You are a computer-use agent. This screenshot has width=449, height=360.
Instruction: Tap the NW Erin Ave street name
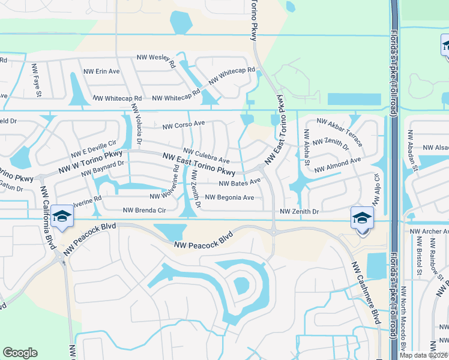pyautogui.click(x=101, y=71)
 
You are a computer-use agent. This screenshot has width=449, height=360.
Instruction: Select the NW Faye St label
pyautogui.click(x=37, y=80)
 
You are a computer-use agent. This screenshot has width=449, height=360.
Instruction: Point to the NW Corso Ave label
pyautogui.click(x=184, y=125)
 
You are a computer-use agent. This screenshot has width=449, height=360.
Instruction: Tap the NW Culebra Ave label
pyautogui.click(x=206, y=156)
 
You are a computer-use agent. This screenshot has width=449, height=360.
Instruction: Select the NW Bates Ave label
pyautogui.click(x=240, y=182)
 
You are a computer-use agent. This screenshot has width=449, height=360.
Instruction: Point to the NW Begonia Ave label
pyautogui.click(x=229, y=197)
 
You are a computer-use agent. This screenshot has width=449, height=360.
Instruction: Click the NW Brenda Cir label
pyautogui.click(x=143, y=210)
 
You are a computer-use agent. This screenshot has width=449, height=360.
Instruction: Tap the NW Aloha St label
pyautogui.click(x=306, y=147)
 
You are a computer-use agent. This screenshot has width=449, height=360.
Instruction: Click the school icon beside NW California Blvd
pyautogui.click(x=61, y=217)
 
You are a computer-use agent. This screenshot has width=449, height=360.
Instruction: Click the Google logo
pyautogui.click(x=20, y=353)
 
